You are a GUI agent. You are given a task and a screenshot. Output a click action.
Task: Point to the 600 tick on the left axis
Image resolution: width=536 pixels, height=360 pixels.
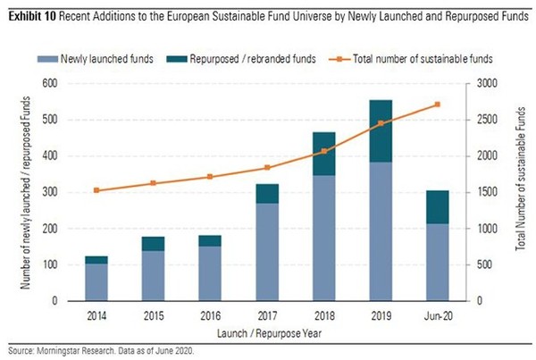(x=52, y=83)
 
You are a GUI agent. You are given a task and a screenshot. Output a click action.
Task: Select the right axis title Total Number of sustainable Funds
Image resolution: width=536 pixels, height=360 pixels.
(x=523, y=192)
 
